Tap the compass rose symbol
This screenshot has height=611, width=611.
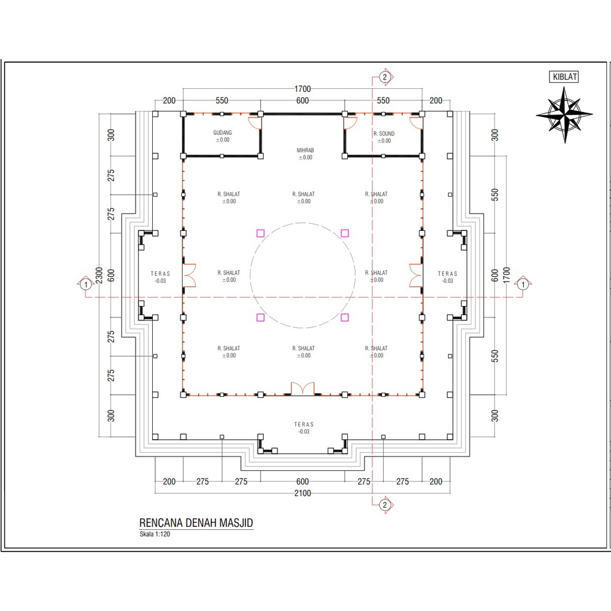[564, 114]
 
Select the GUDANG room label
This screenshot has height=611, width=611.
[223, 133]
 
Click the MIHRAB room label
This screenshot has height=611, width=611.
[305, 150]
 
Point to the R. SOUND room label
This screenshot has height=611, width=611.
[384, 134]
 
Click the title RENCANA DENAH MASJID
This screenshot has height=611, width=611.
[196, 523]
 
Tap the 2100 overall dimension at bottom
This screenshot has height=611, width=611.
[302, 493]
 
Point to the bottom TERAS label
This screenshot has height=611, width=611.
[304, 424]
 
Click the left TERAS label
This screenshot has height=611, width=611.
[161, 273]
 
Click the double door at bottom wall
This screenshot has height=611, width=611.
[302, 388]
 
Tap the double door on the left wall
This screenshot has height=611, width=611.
[189, 275]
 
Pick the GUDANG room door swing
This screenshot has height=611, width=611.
[255, 122]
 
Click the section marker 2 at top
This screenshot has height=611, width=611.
[385, 77]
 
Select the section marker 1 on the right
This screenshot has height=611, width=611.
[523, 285]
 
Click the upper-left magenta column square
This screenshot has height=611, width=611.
[260, 233]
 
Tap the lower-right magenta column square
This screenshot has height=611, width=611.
[345, 317]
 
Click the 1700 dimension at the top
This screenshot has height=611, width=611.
[303, 89]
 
